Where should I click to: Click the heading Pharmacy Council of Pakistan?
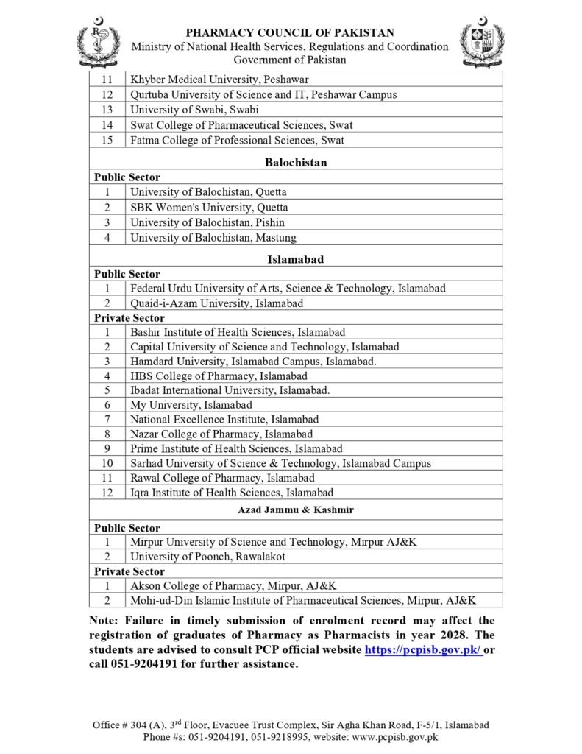(x=289, y=32)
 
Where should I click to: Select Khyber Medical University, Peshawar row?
(x=219, y=80)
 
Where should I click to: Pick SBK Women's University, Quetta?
(x=209, y=208)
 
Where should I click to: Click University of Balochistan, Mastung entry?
(x=213, y=237)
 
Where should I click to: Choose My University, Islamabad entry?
(x=191, y=405)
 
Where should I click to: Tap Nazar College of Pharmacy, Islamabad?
(x=221, y=434)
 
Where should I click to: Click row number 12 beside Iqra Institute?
(x=107, y=492)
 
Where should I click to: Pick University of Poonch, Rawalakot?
(x=208, y=557)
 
